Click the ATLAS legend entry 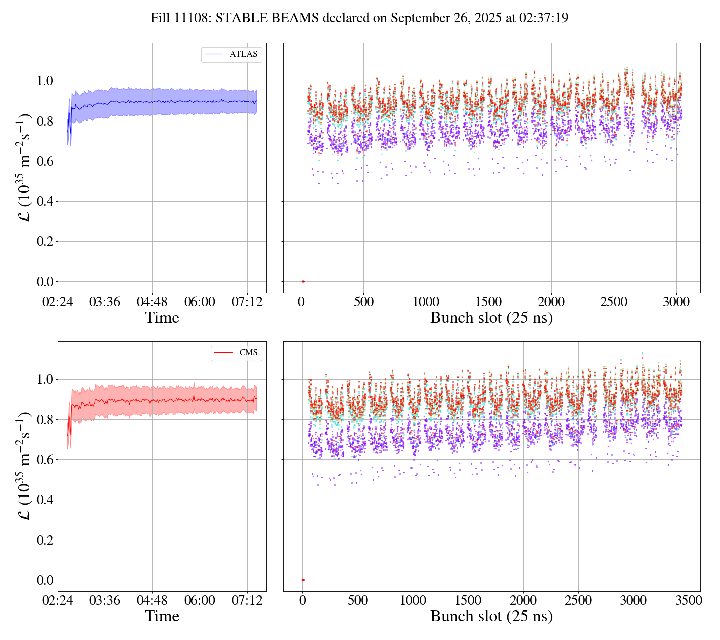click(x=231, y=54)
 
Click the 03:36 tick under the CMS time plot click(x=105, y=600)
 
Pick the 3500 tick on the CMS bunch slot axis click(x=689, y=600)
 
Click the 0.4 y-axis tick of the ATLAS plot click(x=45, y=202)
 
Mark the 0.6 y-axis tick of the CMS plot click(x=45, y=460)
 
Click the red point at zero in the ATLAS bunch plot click(x=303, y=282)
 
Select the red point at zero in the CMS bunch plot click(x=303, y=580)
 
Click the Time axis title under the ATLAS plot click(x=162, y=318)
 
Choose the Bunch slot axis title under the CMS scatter click(x=491, y=616)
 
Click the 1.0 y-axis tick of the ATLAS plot click(x=45, y=81)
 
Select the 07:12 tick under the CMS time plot click(x=247, y=600)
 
